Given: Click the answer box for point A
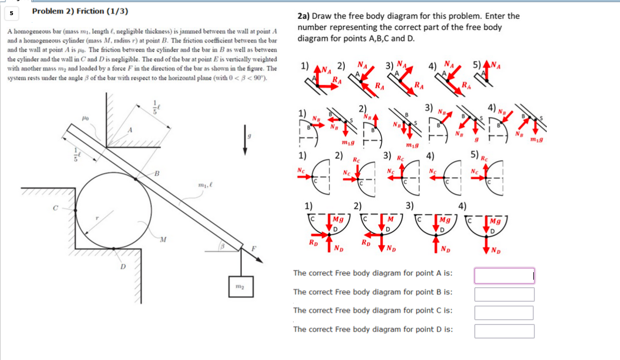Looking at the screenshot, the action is click(x=504, y=275).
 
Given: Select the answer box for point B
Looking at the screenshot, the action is click(x=504, y=294).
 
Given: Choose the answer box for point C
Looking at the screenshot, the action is click(x=504, y=313).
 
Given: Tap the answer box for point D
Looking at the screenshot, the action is click(x=504, y=331).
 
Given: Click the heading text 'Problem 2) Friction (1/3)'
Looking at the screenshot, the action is click(x=80, y=11).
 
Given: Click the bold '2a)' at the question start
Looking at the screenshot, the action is click(x=303, y=16).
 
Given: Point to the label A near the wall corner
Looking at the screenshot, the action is click(x=130, y=130).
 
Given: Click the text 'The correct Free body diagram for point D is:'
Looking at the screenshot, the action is click(x=373, y=329).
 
